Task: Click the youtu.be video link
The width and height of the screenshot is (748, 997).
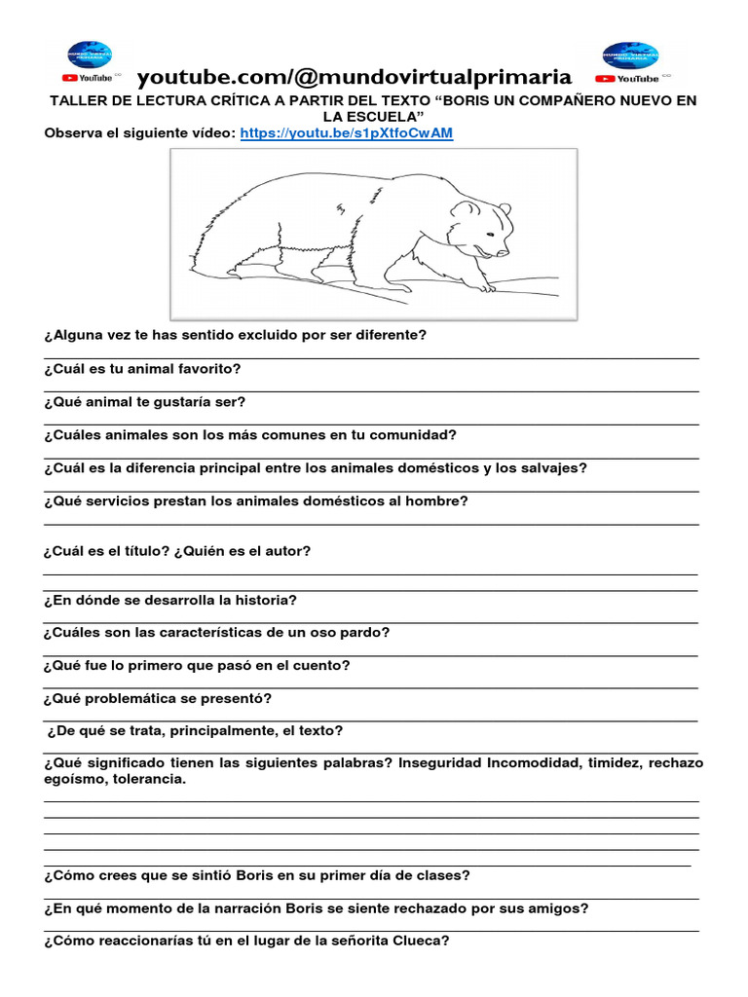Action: (x=346, y=132)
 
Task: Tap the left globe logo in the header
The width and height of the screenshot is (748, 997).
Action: (x=89, y=55)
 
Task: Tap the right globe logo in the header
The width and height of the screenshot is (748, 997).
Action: (x=630, y=55)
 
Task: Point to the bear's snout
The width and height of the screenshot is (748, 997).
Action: (x=504, y=250)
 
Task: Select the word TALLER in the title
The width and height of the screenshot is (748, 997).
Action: (x=76, y=100)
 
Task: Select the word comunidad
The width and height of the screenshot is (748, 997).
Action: (x=413, y=434)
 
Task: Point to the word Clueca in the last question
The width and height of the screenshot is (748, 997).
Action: (x=420, y=941)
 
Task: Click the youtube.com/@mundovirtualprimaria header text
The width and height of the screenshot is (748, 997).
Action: (x=354, y=76)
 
